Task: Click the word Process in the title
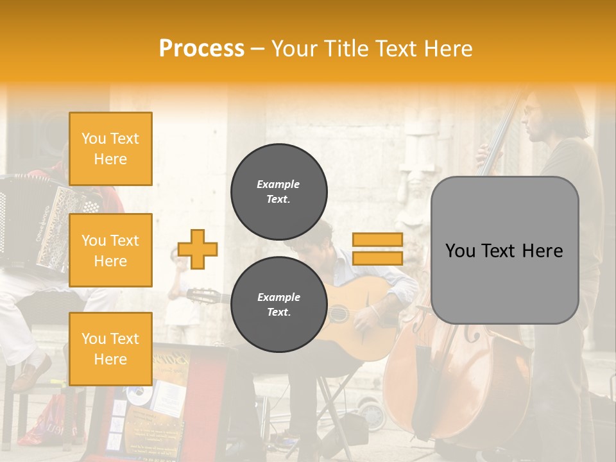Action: [x=201, y=49]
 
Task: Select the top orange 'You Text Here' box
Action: [x=110, y=149]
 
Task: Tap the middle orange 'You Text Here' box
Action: [x=110, y=250]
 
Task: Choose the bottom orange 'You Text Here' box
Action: [x=110, y=348]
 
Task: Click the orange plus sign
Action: [x=198, y=249]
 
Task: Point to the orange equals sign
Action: [x=377, y=249]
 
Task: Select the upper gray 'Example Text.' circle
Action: [x=278, y=192]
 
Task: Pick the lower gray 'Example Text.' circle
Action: [x=278, y=305]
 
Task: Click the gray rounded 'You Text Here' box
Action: [x=504, y=250]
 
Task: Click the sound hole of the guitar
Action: [x=338, y=313]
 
